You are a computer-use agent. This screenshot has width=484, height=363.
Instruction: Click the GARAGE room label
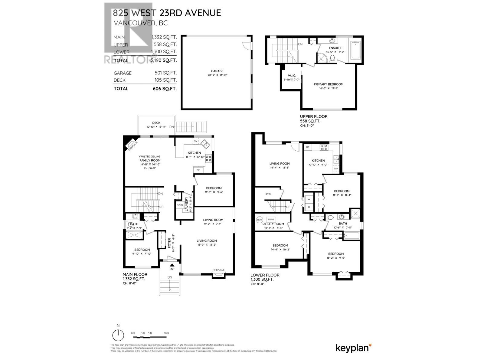[x=217, y=71]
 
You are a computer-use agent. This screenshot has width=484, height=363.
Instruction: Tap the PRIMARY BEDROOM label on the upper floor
[x=328, y=84]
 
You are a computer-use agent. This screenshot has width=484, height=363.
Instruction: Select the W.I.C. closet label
[x=292, y=76]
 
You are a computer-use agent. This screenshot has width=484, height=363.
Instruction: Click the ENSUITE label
[x=335, y=48]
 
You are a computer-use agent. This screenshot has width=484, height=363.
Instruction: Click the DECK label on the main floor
[x=156, y=123]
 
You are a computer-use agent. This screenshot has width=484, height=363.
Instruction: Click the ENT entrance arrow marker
[x=172, y=265]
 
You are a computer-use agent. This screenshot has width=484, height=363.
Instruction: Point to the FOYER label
[x=169, y=243]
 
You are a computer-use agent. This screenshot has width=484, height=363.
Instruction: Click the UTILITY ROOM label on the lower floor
[x=273, y=224]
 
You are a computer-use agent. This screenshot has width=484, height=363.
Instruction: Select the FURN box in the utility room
[x=271, y=220]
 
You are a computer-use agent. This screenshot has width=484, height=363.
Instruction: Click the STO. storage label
[x=268, y=194]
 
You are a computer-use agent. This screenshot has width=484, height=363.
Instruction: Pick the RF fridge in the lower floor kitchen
[x=308, y=147]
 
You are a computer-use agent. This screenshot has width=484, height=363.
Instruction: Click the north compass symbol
[x=118, y=335]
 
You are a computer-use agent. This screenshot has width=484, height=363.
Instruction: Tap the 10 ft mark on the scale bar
[x=166, y=333]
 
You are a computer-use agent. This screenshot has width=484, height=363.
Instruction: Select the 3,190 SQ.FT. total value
[x=164, y=60]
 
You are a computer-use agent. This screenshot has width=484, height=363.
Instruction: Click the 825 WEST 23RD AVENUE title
[x=167, y=13]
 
